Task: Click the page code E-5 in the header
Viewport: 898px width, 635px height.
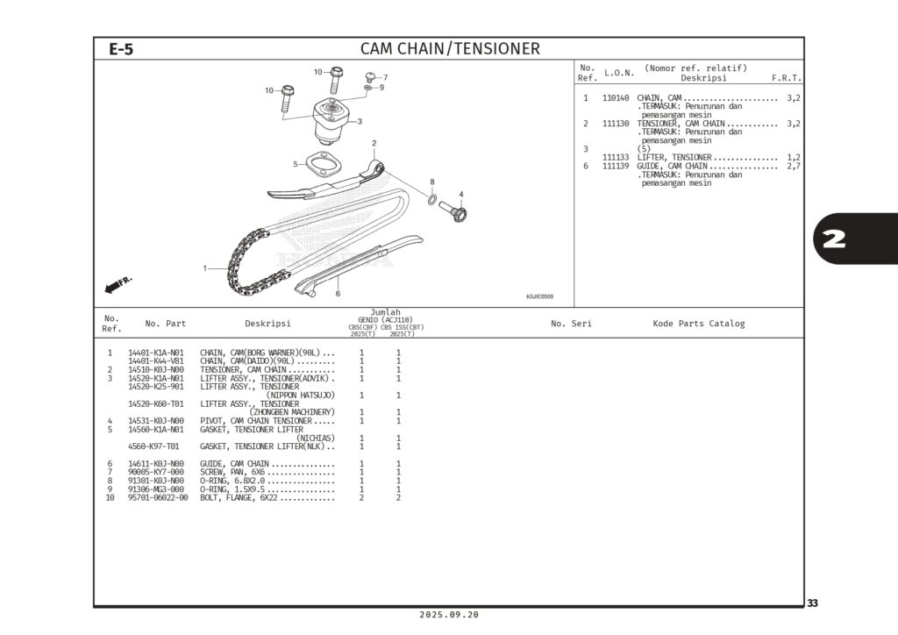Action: pyautogui.click(x=121, y=49)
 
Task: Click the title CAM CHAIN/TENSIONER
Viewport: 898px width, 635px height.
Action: pyautogui.click(x=450, y=49)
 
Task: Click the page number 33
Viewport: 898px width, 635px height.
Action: pyautogui.click(x=812, y=603)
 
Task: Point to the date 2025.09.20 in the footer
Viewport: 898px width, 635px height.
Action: pyautogui.click(x=449, y=615)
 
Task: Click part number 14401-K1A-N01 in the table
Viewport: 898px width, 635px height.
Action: pyautogui.click(x=156, y=353)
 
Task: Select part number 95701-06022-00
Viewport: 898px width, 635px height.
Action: pyautogui.click(x=158, y=497)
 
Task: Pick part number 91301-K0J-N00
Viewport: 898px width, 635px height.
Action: pyautogui.click(x=156, y=481)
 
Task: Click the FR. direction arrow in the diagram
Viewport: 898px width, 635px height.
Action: pyautogui.click(x=118, y=285)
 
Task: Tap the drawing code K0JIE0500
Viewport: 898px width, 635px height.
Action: pyautogui.click(x=539, y=296)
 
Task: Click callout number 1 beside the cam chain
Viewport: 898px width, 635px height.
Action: pyautogui.click(x=204, y=268)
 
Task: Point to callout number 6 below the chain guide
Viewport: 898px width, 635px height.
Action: pyautogui.click(x=338, y=293)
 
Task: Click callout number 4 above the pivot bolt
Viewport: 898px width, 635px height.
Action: pyautogui.click(x=461, y=194)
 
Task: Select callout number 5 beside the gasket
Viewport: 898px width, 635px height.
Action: pyautogui.click(x=296, y=164)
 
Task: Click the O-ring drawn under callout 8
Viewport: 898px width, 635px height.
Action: pyautogui.click(x=433, y=201)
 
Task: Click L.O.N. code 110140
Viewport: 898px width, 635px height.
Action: pyautogui.click(x=616, y=97)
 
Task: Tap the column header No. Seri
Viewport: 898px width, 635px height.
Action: pyautogui.click(x=571, y=324)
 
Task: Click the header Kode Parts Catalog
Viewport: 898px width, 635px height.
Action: pyautogui.click(x=698, y=324)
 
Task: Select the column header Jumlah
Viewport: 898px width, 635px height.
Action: pyautogui.click(x=385, y=312)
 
